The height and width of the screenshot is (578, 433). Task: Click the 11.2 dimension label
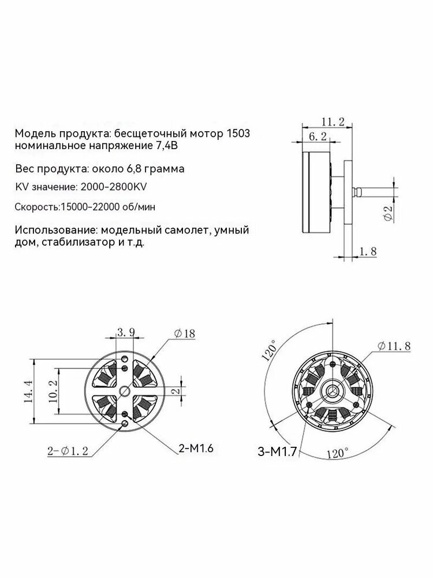click(x=333, y=121)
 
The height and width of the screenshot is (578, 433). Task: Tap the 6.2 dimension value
click(x=318, y=136)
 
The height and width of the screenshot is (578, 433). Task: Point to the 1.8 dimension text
click(x=368, y=251)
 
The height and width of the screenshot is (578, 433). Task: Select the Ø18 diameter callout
click(x=185, y=334)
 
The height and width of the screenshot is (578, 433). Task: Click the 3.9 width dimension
click(x=126, y=332)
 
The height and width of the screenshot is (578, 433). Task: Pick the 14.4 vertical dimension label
click(x=29, y=391)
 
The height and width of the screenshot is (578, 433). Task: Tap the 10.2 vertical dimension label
click(x=53, y=391)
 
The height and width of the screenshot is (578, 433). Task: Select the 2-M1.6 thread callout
click(x=196, y=448)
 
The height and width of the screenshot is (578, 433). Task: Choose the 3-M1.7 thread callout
click(x=277, y=451)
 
